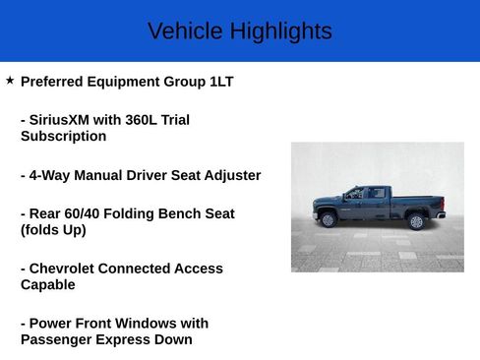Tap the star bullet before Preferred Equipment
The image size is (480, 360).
[10, 80]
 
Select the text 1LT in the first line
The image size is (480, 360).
[221, 82]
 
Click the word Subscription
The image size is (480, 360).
[63, 137]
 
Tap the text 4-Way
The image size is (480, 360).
[49, 175]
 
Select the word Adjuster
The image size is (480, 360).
[228, 175]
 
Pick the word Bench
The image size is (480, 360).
[174, 213]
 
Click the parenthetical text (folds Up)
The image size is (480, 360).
[53, 230]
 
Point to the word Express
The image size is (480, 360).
[126, 339]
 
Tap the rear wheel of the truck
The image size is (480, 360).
[416, 220]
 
